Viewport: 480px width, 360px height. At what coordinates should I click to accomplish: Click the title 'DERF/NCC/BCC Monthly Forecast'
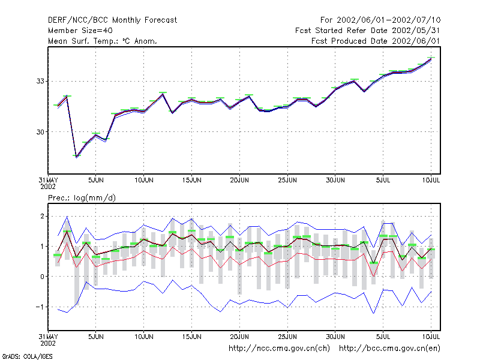click(x=112, y=20)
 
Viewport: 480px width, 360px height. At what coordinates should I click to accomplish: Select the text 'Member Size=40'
click(x=80, y=31)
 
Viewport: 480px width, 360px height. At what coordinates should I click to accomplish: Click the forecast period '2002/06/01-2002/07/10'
click(x=388, y=20)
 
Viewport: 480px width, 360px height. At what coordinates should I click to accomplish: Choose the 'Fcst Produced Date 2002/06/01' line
click(x=376, y=41)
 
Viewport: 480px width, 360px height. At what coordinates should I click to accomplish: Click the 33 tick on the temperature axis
click(x=40, y=81)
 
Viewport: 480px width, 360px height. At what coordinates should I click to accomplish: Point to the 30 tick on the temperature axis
click(x=40, y=132)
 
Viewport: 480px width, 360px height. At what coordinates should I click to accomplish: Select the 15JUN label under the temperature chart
click(x=191, y=180)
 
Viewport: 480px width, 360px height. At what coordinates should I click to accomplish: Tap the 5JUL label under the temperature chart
click(x=383, y=180)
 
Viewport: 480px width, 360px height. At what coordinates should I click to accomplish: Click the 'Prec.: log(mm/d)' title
click(x=82, y=198)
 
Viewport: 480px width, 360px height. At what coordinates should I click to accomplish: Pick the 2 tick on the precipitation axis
click(x=42, y=217)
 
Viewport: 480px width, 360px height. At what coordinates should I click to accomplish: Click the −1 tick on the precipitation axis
click(x=40, y=307)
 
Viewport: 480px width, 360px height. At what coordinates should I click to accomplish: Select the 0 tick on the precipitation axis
click(x=42, y=277)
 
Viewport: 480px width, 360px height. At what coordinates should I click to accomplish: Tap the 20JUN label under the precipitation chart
click(x=239, y=337)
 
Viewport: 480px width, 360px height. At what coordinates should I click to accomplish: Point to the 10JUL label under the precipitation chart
click(x=431, y=337)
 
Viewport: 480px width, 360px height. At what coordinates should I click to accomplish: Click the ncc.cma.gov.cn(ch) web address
click(x=279, y=349)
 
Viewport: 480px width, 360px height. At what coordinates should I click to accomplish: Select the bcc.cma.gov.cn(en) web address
click(x=389, y=349)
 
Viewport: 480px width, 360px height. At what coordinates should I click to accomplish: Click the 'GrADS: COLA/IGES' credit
click(x=27, y=356)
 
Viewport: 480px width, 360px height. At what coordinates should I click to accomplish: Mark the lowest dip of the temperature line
click(x=76, y=157)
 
